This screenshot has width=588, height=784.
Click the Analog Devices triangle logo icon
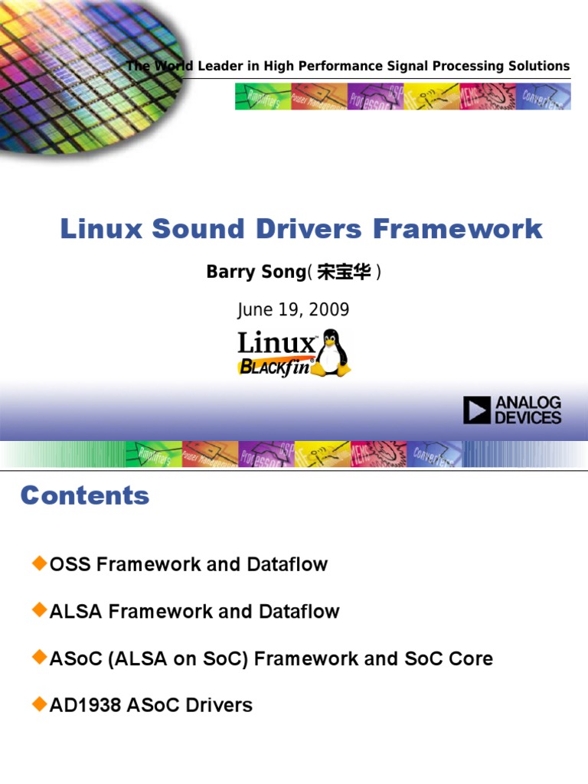click(476, 410)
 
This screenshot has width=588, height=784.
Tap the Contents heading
click(85, 495)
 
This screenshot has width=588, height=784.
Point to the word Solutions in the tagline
click(538, 66)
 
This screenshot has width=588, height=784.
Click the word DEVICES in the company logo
click(528, 418)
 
